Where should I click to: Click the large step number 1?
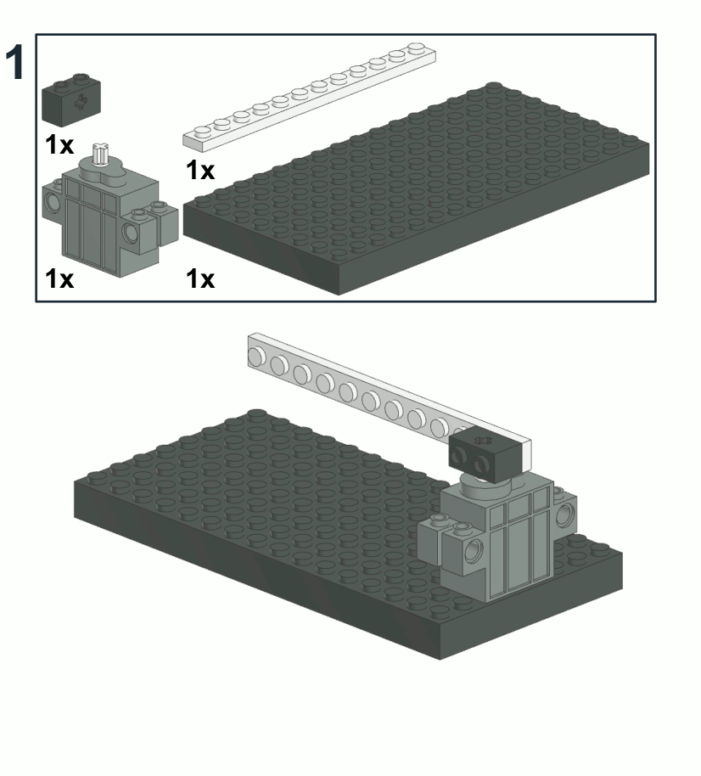(14, 61)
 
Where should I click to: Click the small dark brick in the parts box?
(71, 99)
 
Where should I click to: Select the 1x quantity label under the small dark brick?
(59, 145)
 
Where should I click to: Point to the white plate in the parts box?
(310, 97)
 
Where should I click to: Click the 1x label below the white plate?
(200, 170)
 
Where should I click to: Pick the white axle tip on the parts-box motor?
(100, 153)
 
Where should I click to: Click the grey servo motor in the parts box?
(109, 207)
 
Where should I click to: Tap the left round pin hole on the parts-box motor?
(52, 200)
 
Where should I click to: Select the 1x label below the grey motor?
(59, 278)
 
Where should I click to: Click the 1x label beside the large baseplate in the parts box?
(200, 278)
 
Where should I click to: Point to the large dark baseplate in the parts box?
(416, 188)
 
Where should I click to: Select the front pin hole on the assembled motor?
(473, 550)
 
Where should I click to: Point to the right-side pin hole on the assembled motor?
(564, 515)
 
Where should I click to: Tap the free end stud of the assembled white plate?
(256, 357)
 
